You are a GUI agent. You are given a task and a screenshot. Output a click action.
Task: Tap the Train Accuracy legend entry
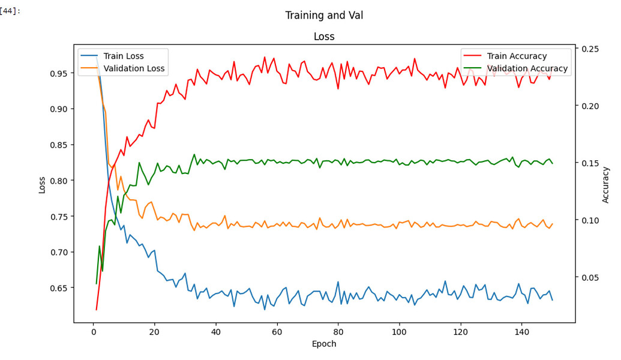(517, 56)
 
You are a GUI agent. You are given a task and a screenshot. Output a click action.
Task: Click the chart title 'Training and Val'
(324, 16)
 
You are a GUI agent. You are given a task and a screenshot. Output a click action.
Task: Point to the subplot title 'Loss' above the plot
(324, 37)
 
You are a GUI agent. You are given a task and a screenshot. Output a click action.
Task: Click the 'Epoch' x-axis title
(324, 344)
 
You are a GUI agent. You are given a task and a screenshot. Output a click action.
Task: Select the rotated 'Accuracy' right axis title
(605, 184)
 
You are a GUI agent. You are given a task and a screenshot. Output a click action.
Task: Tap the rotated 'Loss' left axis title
(42, 184)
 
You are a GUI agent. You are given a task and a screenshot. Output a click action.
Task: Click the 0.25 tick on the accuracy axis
(589, 49)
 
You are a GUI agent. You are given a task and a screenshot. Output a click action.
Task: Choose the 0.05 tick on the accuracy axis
(589, 277)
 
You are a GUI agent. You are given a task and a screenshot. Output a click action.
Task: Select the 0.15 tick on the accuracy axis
(589, 163)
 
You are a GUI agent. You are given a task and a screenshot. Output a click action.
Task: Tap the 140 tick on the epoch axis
(521, 331)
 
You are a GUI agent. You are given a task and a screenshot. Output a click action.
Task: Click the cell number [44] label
(10, 11)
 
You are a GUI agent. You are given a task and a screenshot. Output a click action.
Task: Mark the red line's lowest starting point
(96, 310)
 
